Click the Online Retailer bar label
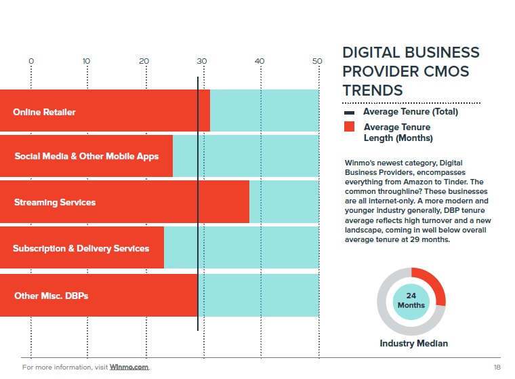click(x=44, y=112)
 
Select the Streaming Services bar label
click(x=55, y=202)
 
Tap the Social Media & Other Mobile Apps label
click(x=87, y=156)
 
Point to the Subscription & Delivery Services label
click(x=81, y=248)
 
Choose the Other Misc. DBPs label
click(x=51, y=296)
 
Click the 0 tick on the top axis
click(x=31, y=62)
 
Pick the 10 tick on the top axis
click(x=86, y=62)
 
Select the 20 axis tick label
click(x=144, y=62)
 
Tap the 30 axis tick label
click(x=202, y=62)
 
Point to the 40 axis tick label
click(x=260, y=62)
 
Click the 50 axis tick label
click(x=316, y=62)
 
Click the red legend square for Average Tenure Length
click(x=350, y=127)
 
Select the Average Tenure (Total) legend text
click(x=411, y=112)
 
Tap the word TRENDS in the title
click(x=373, y=90)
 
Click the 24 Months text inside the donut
click(x=411, y=300)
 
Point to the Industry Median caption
click(x=413, y=344)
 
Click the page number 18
click(x=497, y=367)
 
